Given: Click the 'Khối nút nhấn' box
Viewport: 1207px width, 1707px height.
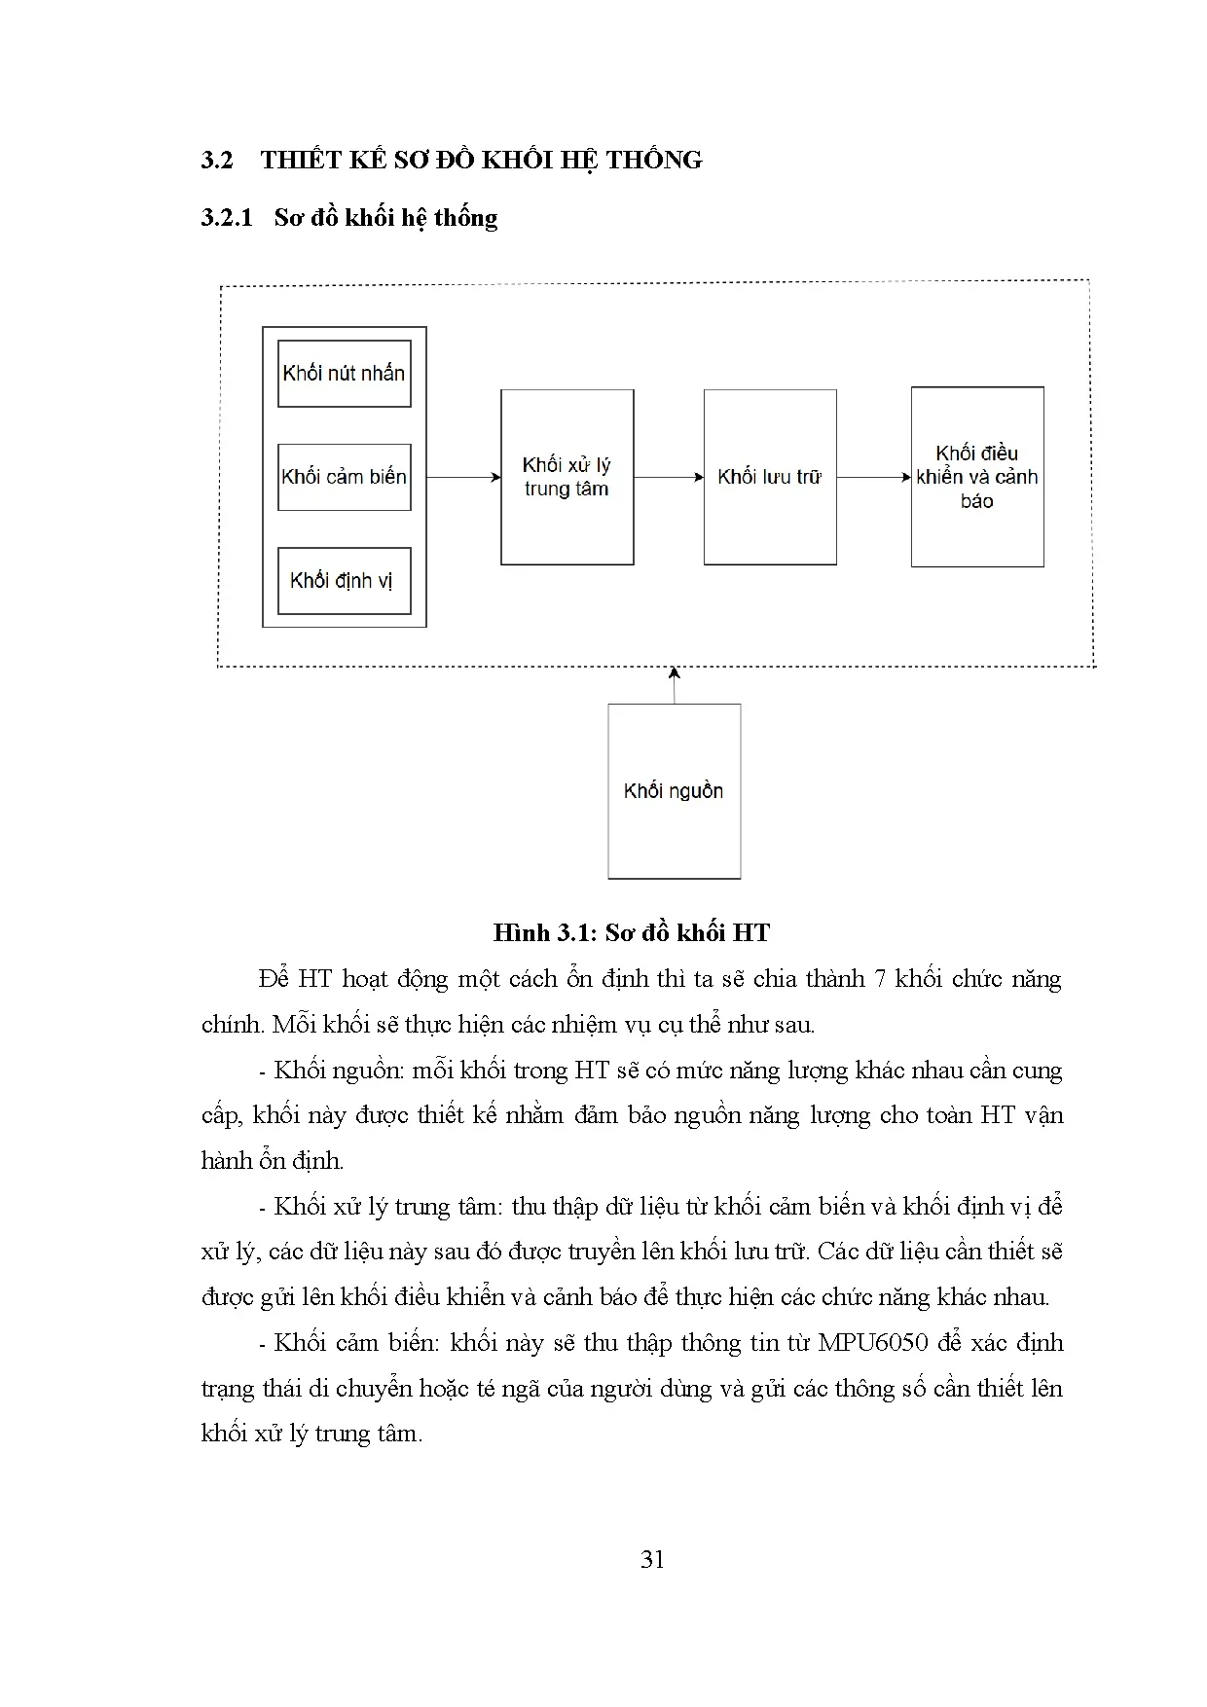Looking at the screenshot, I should point(344,374).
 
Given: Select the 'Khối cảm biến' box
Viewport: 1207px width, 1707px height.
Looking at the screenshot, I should point(344,477).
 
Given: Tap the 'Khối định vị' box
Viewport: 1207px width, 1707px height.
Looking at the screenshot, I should point(344,581).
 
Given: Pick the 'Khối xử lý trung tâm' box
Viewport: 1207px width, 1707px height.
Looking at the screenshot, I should point(567,477).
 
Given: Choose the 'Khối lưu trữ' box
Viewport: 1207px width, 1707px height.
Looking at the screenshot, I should point(769,477).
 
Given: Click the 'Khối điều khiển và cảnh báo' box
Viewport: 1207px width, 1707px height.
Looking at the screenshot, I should point(976,477).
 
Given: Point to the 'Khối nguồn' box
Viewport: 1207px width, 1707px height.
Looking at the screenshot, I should point(674,790).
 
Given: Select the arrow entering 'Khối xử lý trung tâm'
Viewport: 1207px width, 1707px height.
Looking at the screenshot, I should point(463,477).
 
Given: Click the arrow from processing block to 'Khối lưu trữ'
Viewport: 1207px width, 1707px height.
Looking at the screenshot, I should point(669,477).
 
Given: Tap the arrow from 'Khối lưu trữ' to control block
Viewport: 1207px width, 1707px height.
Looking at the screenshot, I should point(873,477).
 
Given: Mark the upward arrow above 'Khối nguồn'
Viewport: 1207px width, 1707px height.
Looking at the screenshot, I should point(674,685).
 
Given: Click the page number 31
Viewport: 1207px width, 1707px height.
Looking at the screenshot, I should point(652,1559).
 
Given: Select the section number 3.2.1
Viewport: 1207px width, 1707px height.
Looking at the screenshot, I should point(226,217).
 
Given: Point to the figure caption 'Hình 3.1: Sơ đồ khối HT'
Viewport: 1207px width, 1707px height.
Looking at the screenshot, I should point(631,932).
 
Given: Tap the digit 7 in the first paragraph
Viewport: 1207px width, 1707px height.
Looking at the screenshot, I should point(880,978).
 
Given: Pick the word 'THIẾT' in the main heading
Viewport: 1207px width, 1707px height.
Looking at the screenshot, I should point(295,160).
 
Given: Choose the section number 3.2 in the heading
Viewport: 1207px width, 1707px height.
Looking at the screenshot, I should point(216,160).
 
